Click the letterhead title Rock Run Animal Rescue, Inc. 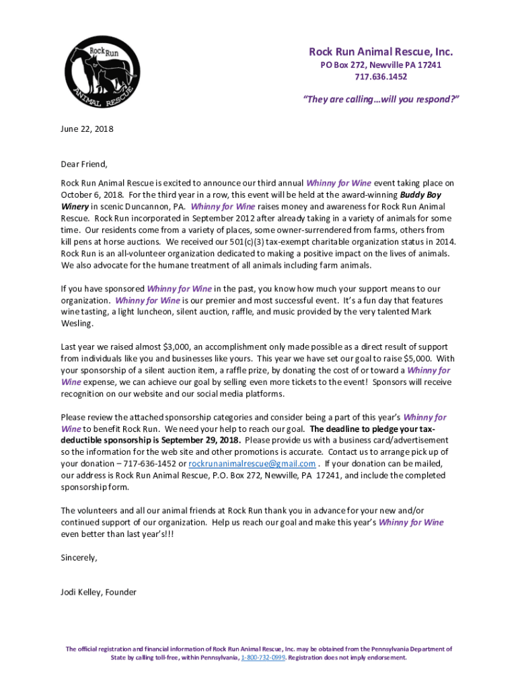(x=381, y=52)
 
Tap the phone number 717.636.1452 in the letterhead (x=381, y=77)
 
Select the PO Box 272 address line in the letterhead (x=381, y=65)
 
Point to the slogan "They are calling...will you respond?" (x=381, y=100)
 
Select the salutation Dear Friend (x=84, y=164)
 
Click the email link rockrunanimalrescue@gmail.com (x=252, y=464)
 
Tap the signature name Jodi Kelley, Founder (x=98, y=592)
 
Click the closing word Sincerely (x=79, y=557)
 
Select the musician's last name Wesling (x=77, y=324)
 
